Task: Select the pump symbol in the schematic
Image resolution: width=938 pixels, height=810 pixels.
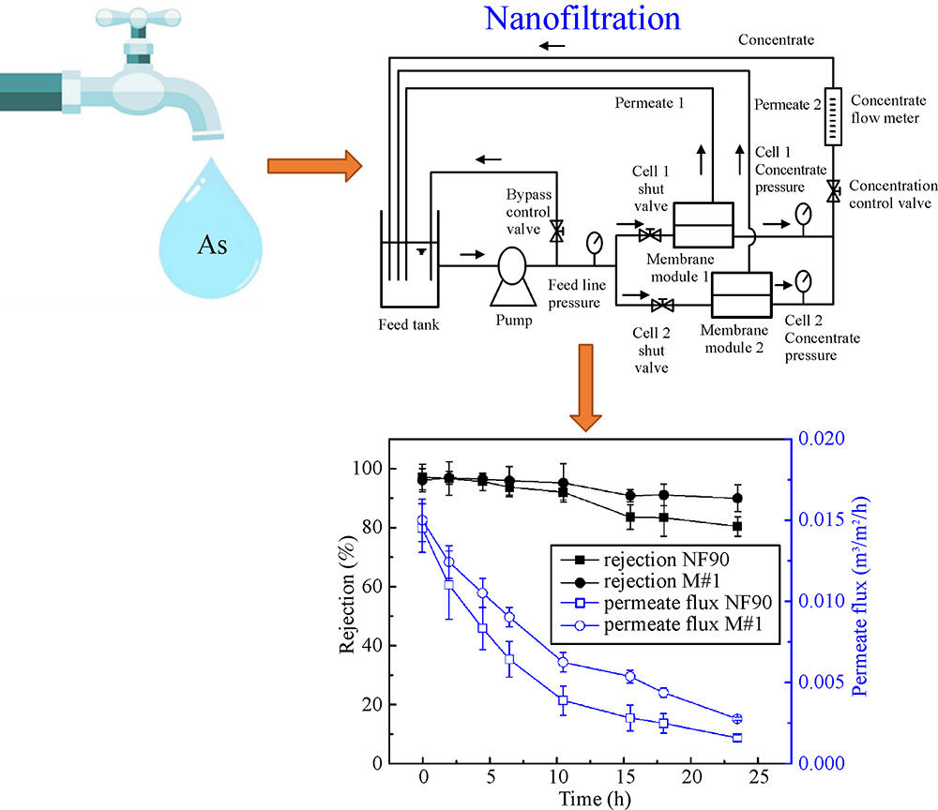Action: tap(512, 266)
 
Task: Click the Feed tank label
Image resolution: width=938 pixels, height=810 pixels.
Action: tap(406, 325)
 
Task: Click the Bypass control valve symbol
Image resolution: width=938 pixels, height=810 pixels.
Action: tap(556, 229)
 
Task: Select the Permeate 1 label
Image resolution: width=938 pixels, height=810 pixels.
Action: tap(646, 102)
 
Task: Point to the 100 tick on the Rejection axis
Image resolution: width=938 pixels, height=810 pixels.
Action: tap(395, 469)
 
